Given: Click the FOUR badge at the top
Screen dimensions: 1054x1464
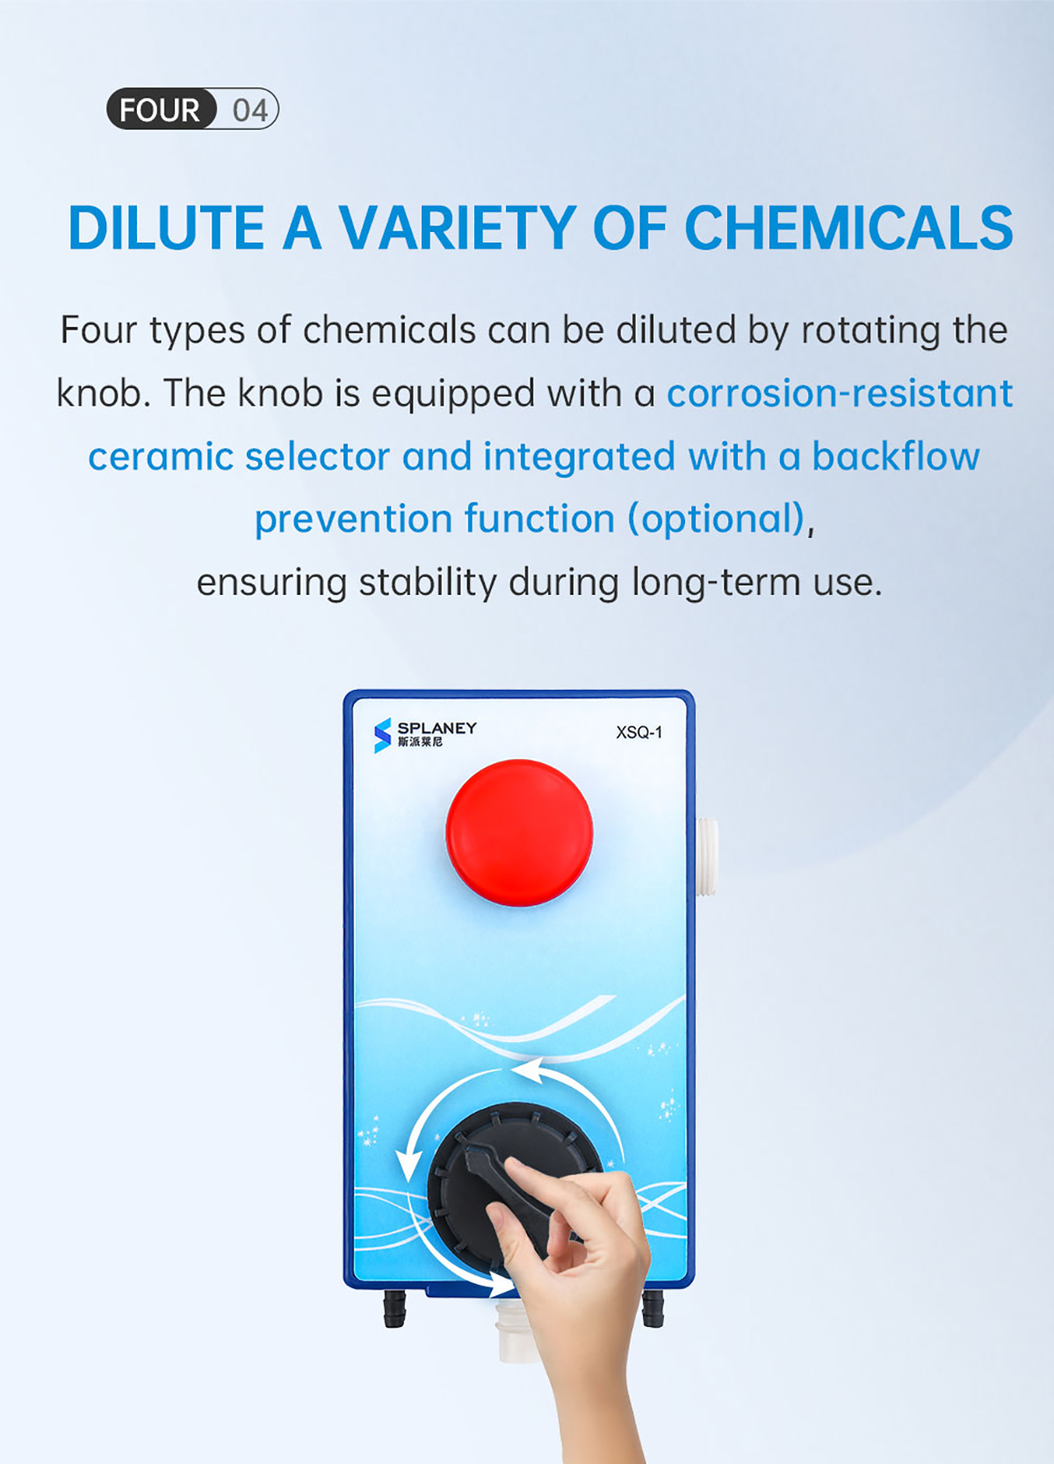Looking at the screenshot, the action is tap(161, 108).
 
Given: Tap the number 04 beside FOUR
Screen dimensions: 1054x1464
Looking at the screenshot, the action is tap(250, 110).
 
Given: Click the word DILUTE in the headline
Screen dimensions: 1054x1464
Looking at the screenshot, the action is tap(166, 228).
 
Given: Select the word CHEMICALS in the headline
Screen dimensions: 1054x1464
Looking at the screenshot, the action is tap(848, 228).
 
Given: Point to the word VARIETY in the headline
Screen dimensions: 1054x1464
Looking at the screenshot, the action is tap(457, 228).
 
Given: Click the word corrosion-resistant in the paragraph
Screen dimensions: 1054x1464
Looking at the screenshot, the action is tap(840, 393).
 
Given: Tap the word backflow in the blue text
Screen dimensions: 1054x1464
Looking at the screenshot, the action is tap(896, 455).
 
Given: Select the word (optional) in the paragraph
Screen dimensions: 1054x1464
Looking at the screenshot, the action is tap(716, 519).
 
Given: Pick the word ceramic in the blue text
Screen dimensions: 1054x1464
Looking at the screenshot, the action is tap(161, 456).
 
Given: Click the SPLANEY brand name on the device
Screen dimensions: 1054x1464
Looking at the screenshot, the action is tap(437, 728).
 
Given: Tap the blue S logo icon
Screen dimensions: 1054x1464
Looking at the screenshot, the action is tap(382, 735).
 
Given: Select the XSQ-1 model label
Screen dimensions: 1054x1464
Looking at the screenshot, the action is tap(639, 733).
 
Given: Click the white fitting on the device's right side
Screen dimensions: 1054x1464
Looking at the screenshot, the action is tap(707, 856).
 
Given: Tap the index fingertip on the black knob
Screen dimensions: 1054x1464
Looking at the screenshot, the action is tap(516, 1170).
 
